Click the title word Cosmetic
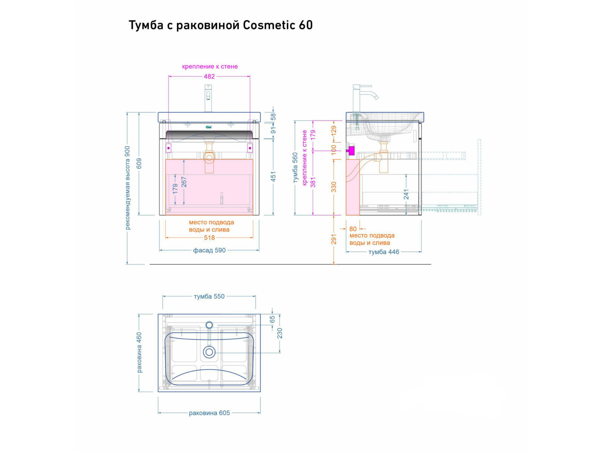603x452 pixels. pos(269,25)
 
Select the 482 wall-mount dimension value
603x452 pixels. pos(209,76)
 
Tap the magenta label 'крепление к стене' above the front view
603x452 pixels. pos(210,67)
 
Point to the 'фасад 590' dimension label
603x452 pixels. pos(209,250)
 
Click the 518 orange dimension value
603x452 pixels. pos(209,238)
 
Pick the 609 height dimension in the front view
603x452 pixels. pos(139,163)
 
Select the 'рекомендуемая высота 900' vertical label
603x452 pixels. pos(128,188)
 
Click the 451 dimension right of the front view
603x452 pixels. pos(274,176)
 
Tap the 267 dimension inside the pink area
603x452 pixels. pos(184,182)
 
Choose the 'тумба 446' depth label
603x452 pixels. pos(384,252)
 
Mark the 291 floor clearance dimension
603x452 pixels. pos(334,239)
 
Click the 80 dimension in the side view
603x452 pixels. pos(353,229)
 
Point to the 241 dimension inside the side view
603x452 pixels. pos(406,194)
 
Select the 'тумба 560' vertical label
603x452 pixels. pos(295,168)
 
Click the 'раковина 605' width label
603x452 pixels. pos(209,413)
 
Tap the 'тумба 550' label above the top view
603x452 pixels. pos(209,297)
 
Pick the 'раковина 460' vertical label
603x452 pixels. pos(139,353)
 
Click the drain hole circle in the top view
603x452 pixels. pos(209,352)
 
